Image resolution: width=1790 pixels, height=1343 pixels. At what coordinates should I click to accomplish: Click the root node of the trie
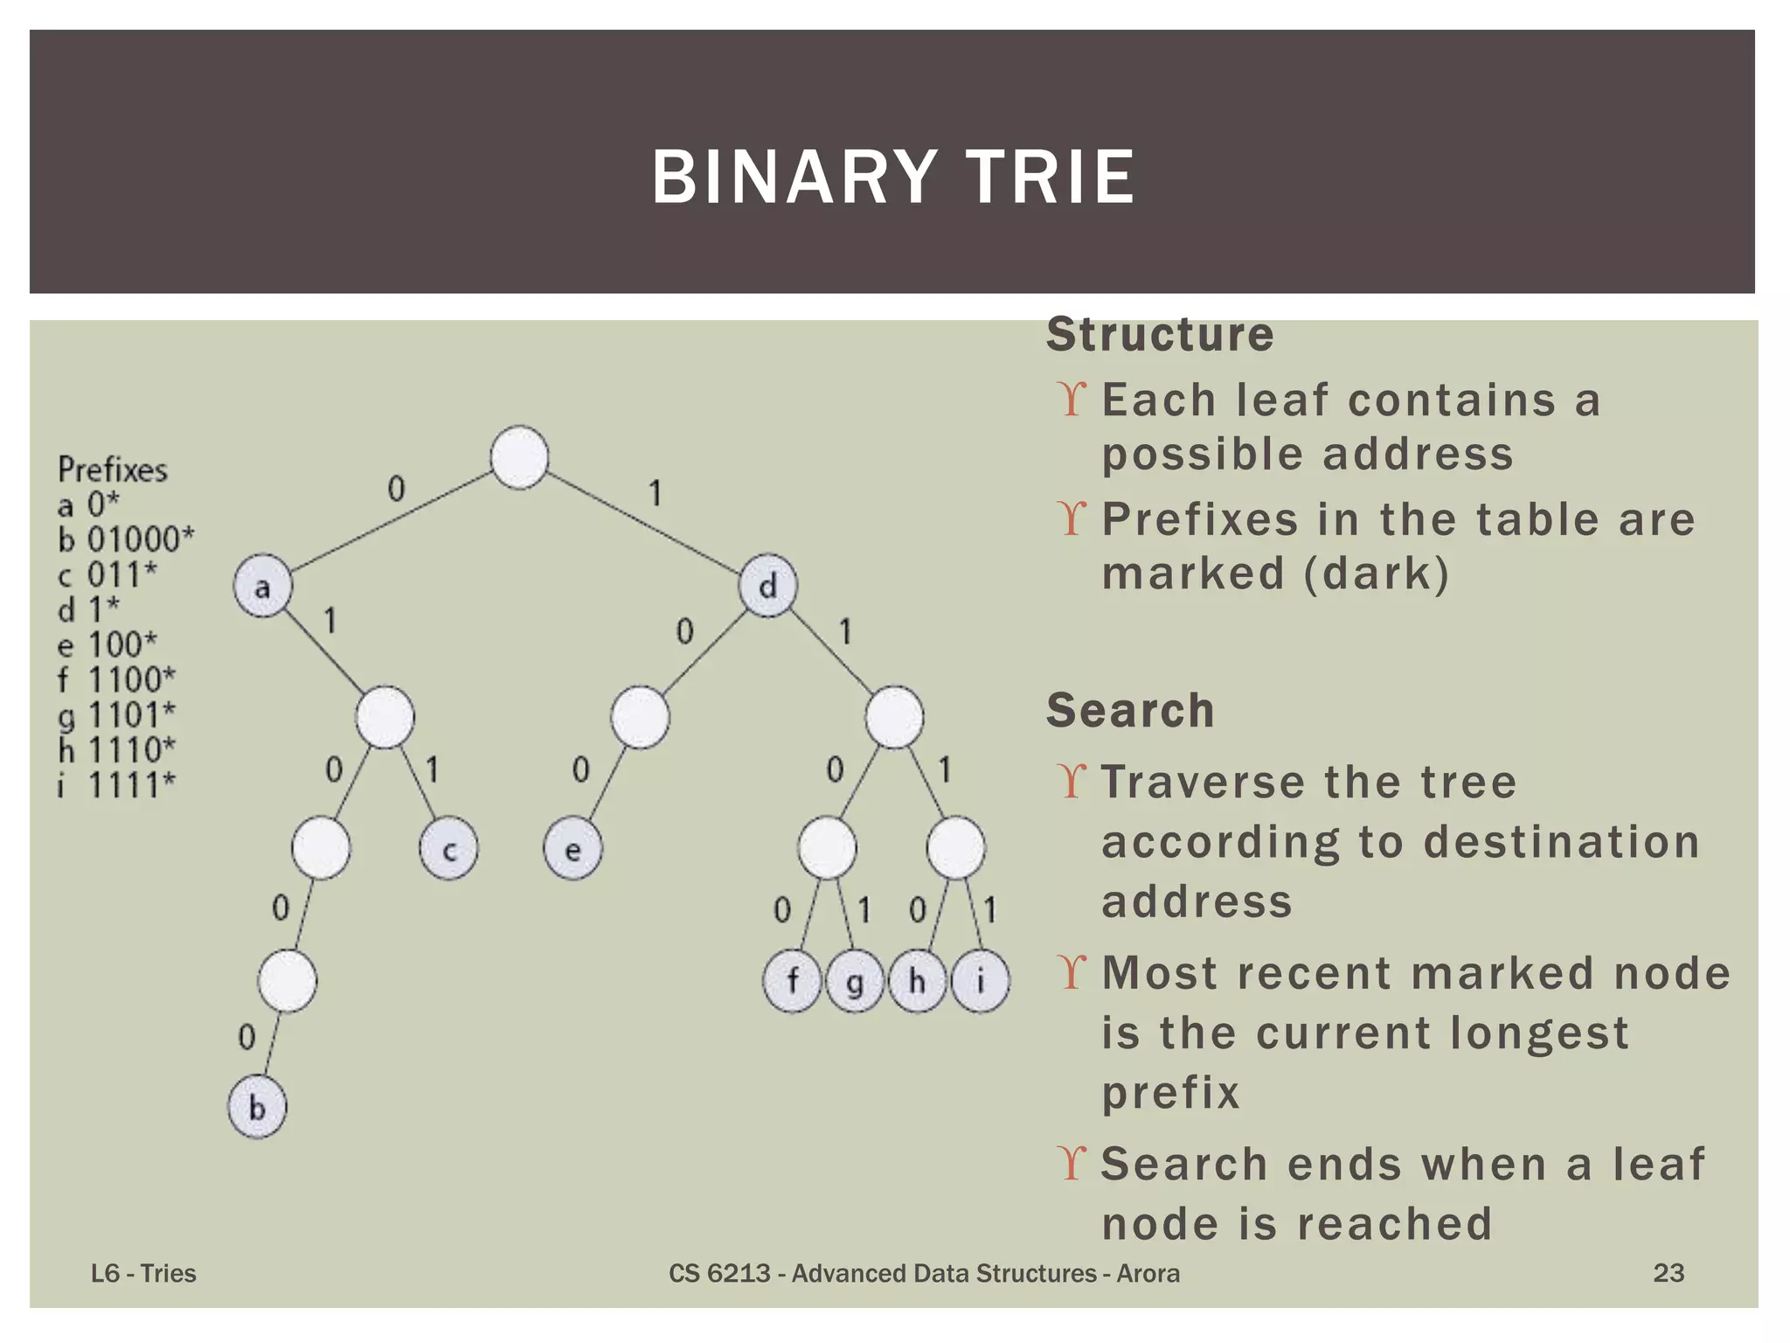pos(519,457)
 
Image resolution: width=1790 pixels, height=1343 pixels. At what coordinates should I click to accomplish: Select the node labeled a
pos(262,586)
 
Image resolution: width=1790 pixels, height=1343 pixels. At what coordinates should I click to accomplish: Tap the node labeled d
pos(767,586)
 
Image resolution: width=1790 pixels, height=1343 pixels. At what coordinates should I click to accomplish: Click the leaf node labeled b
pos(257,1107)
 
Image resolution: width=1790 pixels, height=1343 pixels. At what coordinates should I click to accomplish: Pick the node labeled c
pos(448,849)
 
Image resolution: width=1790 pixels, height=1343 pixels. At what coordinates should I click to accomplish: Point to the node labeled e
pos(572,849)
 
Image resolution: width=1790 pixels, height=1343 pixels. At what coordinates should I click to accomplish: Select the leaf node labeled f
pos(792,981)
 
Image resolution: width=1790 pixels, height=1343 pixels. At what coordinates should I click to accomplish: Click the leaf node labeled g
pos(854,981)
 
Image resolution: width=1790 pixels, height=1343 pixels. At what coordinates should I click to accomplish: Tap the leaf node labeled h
pos(917,981)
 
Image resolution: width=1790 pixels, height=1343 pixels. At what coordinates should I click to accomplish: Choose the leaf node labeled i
pos(980,981)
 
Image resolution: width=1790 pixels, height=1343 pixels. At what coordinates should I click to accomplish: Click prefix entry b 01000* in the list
pos(126,539)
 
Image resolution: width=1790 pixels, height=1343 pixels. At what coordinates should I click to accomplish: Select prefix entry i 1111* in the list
pos(116,784)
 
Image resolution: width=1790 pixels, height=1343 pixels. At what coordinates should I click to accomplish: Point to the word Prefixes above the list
pos(113,470)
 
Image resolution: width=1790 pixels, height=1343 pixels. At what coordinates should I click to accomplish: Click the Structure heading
pos(1160,335)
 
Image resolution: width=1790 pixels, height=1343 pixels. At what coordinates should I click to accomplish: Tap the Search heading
pos(1130,710)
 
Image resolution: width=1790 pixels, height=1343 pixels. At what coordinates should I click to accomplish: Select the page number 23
pos(1668,1273)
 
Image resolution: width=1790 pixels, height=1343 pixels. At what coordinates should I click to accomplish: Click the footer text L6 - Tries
pos(143,1273)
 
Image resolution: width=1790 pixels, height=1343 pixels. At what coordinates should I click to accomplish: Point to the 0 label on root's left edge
pos(396,489)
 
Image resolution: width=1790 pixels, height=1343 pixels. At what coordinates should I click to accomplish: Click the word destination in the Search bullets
pos(1561,842)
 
